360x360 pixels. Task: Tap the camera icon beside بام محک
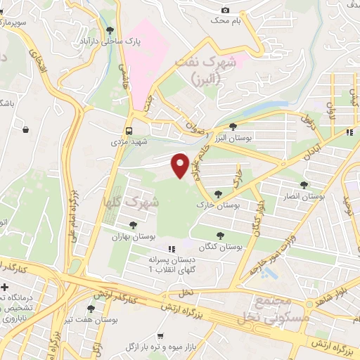click(x=225, y=10)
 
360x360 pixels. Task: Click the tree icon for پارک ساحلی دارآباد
click(x=110, y=30)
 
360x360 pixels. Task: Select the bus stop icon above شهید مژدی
click(x=129, y=131)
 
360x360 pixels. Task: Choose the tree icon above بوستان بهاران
click(x=133, y=225)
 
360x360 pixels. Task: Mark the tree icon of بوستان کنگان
click(x=221, y=236)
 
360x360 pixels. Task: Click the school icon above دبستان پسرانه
click(x=169, y=249)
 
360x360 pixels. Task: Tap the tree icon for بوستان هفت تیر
click(x=90, y=309)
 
